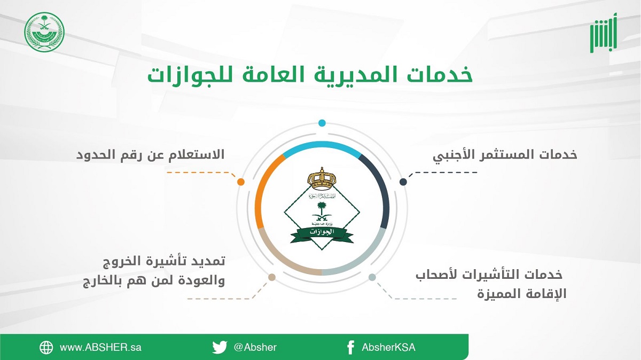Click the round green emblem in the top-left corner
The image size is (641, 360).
tap(44, 32)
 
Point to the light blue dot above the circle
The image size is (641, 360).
tap(322, 123)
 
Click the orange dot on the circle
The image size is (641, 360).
tap(241, 182)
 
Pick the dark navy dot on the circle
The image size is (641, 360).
tap(403, 182)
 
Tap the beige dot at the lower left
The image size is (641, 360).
tap(272, 277)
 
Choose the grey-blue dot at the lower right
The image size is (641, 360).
tap(372, 277)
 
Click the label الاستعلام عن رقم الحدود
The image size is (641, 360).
tap(152, 155)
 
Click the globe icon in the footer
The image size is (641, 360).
tap(46, 347)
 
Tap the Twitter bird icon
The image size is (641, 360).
tap(220, 347)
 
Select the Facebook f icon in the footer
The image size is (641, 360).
tap(350, 347)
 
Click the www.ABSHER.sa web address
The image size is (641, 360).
tap(100, 347)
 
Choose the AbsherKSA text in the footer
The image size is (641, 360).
tap(388, 347)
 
